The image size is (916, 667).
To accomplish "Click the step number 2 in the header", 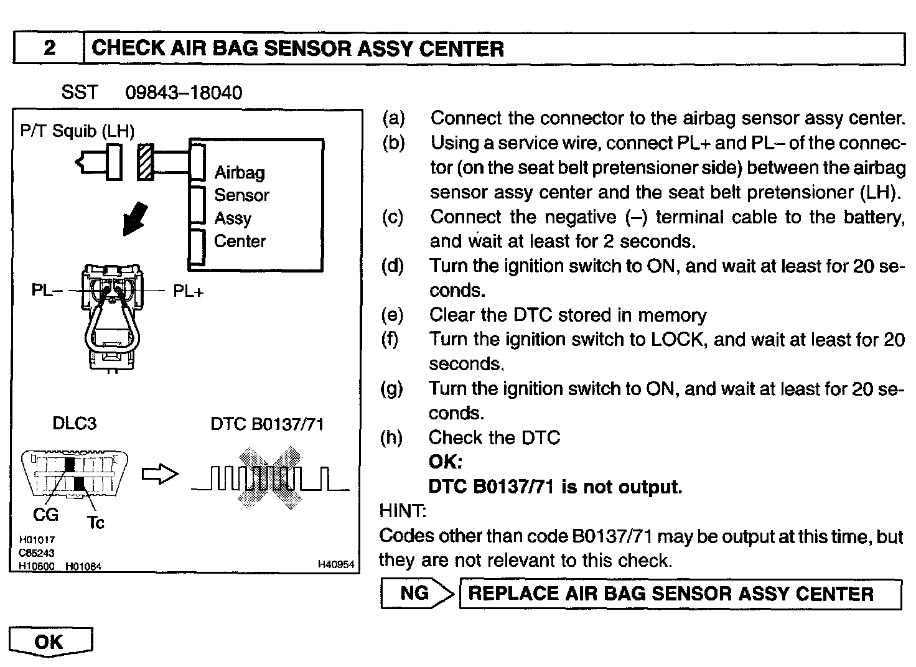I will (x=49, y=49).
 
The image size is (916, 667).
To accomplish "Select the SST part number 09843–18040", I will (x=184, y=93).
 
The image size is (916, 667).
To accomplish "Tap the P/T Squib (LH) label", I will (x=77, y=131).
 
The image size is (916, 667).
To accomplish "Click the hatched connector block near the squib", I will (x=146, y=162).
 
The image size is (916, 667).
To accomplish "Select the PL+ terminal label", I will (x=188, y=291).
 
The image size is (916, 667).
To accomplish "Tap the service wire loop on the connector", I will (x=112, y=330).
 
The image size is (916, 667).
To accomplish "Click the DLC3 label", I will (x=75, y=424).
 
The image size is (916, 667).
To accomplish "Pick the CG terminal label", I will (x=45, y=515).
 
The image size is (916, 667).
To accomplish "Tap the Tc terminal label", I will (x=96, y=523).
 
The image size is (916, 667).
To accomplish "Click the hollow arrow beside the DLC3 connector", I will (x=160, y=475).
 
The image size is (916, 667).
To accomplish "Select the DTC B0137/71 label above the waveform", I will (x=267, y=424).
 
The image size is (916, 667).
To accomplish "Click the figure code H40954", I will (x=335, y=564).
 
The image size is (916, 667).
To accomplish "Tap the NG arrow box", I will (x=416, y=593).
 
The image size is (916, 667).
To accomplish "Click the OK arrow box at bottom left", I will (x=50, y=641).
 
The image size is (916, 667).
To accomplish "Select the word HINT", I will (x=402, y=511).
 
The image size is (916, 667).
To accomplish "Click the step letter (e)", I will (x=392, y=315).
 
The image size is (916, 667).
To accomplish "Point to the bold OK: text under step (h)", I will (x=446, y=462).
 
